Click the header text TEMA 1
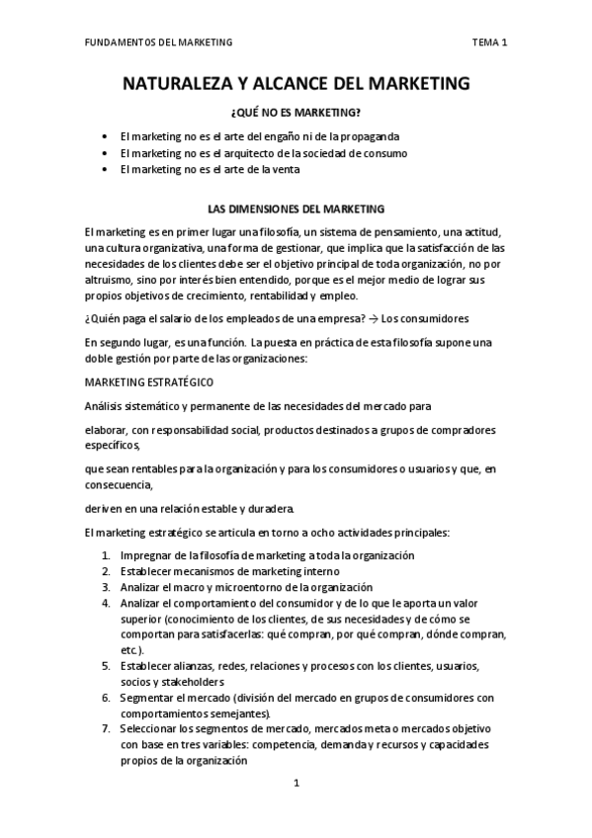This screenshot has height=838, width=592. (x=489, y=42)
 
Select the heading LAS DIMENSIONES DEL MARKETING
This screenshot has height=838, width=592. (x=296, y=209)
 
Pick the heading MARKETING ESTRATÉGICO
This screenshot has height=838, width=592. (x=148, y=381)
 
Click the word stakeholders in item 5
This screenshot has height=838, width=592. (x=189, y=682)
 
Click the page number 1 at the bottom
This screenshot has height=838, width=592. (x=296, y=784)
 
